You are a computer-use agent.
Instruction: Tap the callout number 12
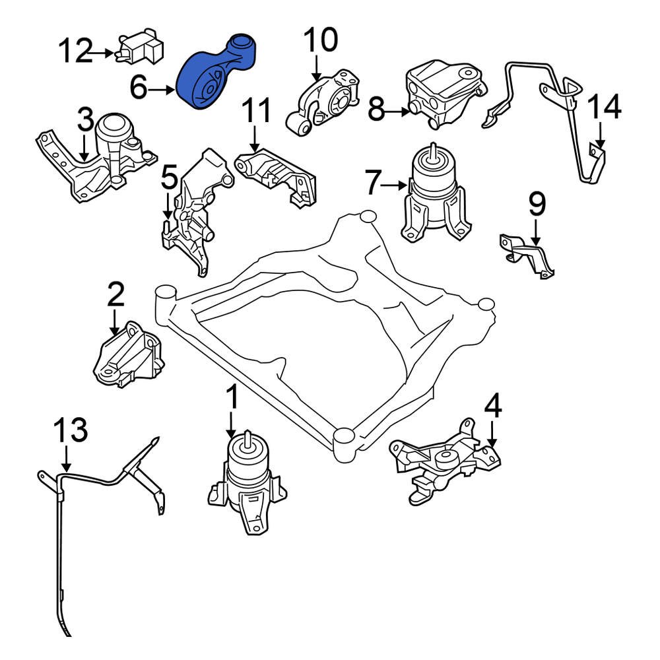pos(75,51)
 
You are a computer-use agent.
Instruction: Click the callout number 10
pos(319,41)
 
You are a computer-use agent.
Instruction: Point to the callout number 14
pos(604,108)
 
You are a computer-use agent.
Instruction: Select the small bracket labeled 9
pos(528,254)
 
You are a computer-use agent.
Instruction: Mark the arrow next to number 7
pos(396,185)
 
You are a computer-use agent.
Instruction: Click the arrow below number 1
pos(232,426)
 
